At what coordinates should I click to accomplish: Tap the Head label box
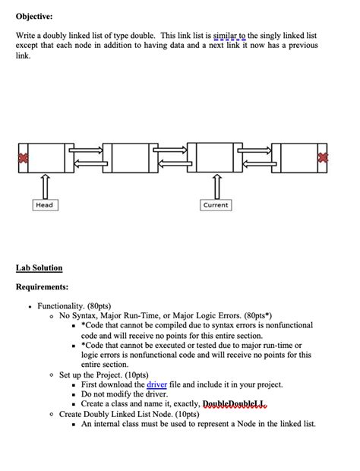[44, 205]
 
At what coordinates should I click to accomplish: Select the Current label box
[216, 205]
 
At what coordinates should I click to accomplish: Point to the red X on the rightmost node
[324, 157]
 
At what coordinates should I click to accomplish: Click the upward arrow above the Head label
[44, 185]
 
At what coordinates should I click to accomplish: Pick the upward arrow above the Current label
[216, 185]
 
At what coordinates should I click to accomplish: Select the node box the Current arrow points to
[216, 157]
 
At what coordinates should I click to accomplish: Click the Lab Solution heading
[39, 267]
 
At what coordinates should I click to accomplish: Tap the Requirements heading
[43, 287]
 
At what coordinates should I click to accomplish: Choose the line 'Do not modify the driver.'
[124, 394]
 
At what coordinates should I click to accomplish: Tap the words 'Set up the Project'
[93, 375]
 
